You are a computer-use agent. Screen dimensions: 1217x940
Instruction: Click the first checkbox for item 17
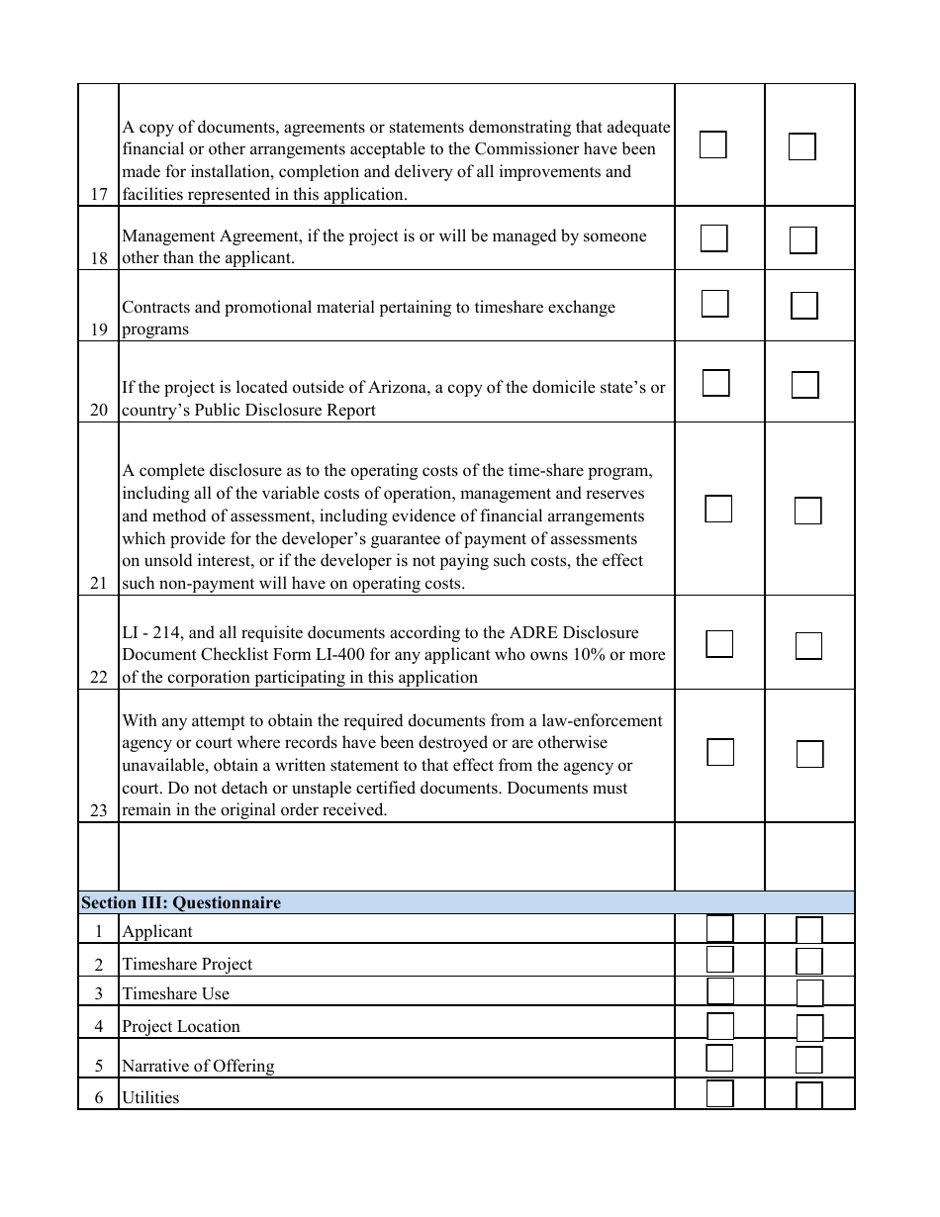click(x=713, y=144)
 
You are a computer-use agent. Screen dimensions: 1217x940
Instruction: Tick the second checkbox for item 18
click(x=803, y=240)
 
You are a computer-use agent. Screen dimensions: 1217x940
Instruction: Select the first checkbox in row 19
click(x=715, y=304)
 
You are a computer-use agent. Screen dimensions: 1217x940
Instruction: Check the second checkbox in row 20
click(x=805, y=385)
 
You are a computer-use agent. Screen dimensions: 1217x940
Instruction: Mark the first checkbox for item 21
click(x=718, y=509)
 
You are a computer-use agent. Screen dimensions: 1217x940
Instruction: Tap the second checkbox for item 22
click(x=808, y=646)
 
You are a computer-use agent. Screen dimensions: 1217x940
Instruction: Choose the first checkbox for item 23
click(x=720, y=752)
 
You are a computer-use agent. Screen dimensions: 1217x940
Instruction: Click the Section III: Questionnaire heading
click(x=181, y=903)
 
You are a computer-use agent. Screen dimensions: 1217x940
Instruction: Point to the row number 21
click(x=98, y=584)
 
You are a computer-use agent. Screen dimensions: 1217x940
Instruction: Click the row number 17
click(x=98, y=195)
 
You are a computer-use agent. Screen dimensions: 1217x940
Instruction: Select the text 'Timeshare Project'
click(x=187, y=965)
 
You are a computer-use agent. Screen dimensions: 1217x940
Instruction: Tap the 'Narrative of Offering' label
click(x=198, y=1067)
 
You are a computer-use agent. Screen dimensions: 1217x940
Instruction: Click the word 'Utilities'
click(x=150, y=1098)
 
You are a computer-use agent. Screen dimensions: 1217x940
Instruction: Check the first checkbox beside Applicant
click(x=720, y=929)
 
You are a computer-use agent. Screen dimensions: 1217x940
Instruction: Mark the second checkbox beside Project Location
click(x=810, y=1027)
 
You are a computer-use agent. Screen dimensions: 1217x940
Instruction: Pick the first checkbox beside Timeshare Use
click(x=720, y=991)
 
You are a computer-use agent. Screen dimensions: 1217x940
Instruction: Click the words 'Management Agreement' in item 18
click(x=199, y=236)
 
